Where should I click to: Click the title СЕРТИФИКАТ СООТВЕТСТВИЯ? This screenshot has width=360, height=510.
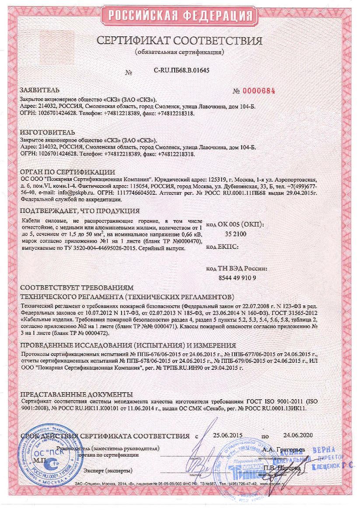click(179, 41)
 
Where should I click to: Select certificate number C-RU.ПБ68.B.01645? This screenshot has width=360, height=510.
click(182, 70)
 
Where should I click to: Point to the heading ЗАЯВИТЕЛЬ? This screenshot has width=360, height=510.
click(40, 90)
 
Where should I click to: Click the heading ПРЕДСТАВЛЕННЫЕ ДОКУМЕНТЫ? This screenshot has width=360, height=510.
click(77, 394)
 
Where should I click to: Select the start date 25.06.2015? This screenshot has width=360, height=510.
click(227, 436)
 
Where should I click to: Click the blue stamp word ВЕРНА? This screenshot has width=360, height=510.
click(324, 450)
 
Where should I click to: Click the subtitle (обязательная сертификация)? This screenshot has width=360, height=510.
click(179, 52)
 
